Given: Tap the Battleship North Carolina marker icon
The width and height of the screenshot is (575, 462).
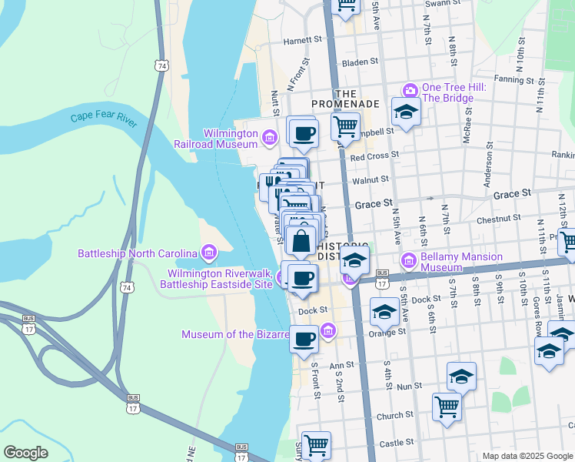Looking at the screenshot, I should [208, 253].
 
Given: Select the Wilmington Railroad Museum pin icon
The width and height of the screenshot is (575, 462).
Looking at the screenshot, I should [269, 138].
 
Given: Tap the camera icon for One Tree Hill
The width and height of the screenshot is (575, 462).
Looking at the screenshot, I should [410, 91].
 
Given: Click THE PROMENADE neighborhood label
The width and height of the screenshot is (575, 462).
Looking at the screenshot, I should [345, 103].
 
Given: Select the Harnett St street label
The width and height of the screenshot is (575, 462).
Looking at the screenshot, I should [301, 40].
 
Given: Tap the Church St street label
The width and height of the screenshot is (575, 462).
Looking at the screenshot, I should [395, 416].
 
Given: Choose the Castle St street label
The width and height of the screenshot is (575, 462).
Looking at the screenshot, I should [397, 442].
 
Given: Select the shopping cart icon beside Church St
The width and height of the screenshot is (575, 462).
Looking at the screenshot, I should [447, 405].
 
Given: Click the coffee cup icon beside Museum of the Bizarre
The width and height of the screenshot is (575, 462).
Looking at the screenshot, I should [304, 337].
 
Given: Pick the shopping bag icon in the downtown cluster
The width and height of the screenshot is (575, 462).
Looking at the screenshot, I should [301, 240].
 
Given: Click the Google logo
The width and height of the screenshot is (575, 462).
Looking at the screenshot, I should [25, 453].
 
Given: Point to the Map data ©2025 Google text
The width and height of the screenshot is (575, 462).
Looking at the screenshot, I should [527, 456].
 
